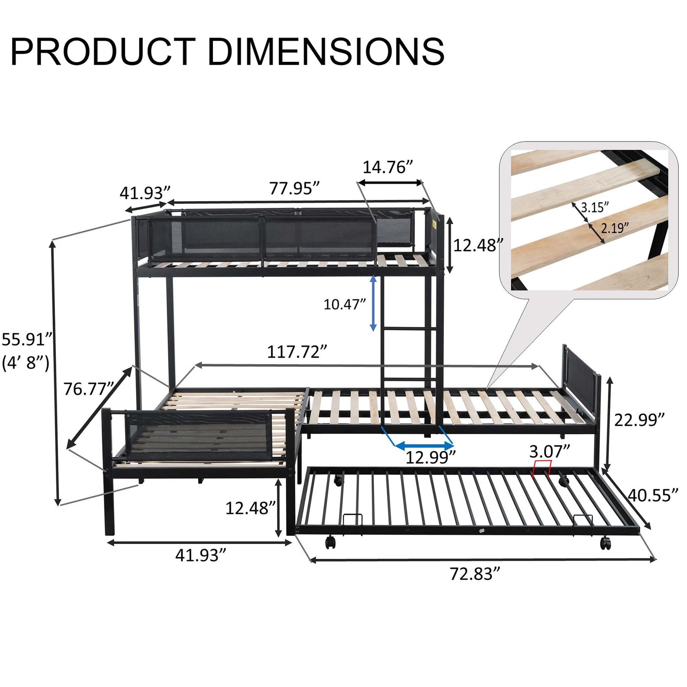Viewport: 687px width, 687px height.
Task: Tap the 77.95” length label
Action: [294, 188]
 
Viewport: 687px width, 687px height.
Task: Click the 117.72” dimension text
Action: [297, 352]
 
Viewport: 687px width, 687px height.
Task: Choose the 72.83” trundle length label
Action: [474, 573]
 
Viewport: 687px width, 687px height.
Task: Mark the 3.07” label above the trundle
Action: [550, 452]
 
